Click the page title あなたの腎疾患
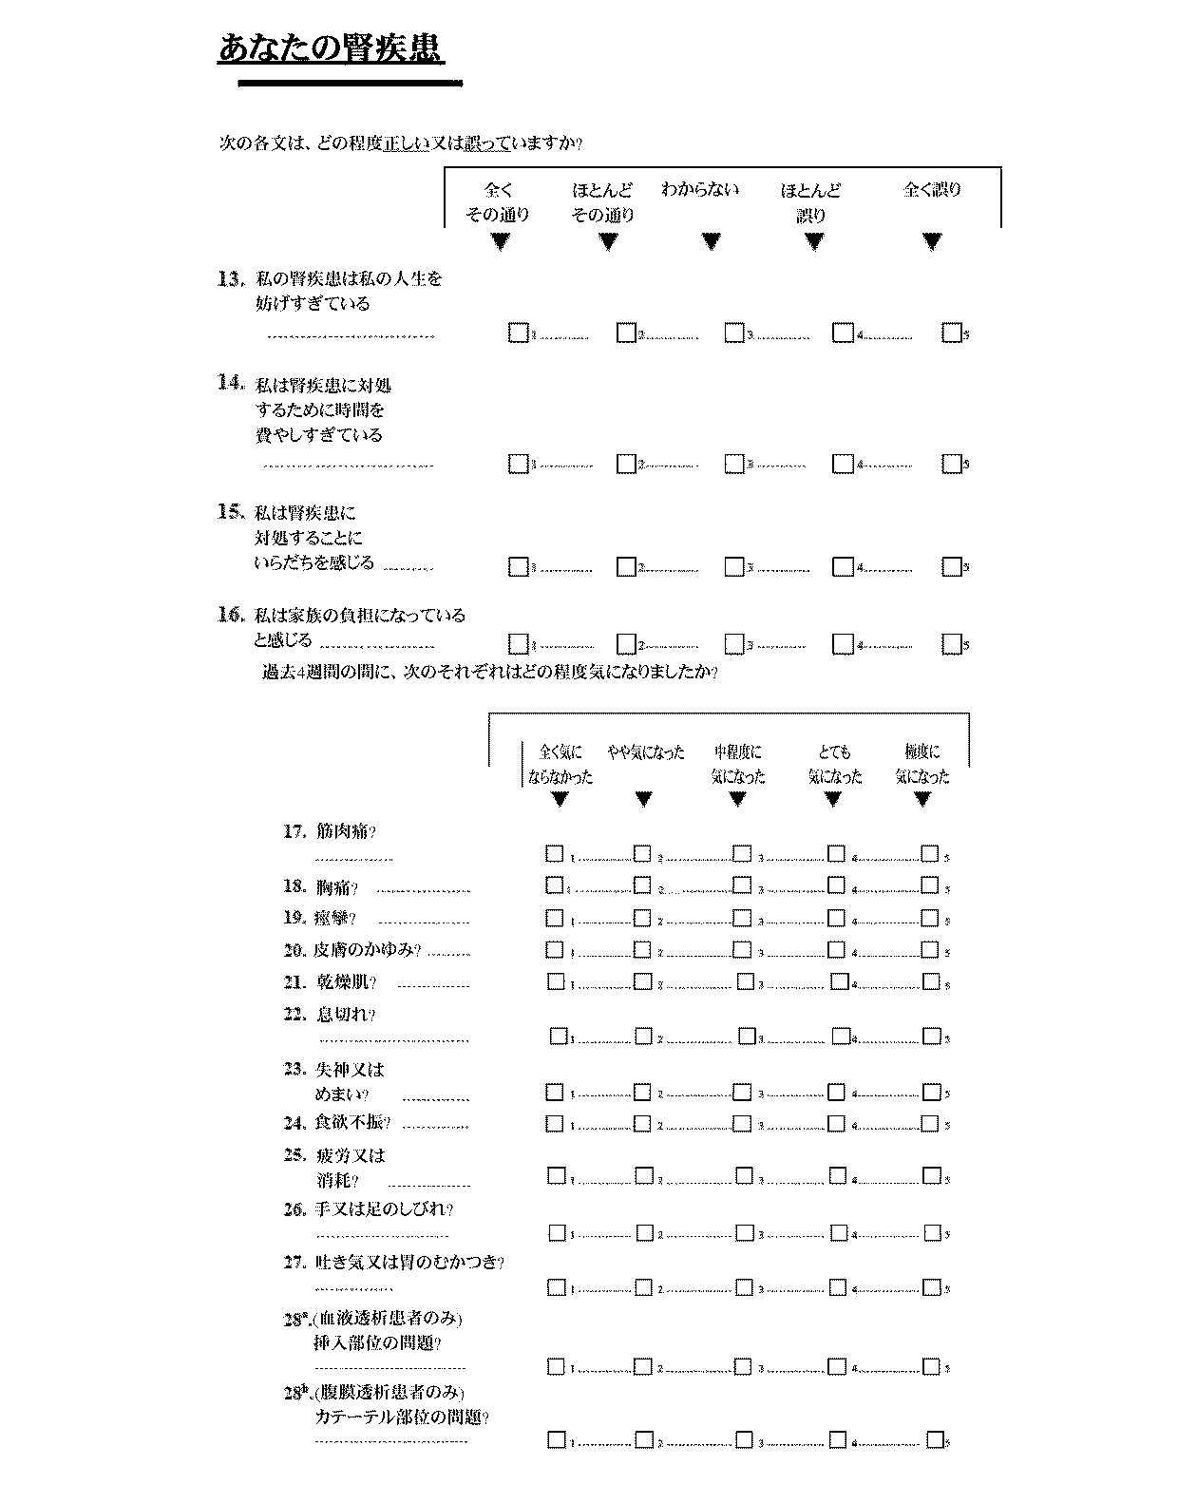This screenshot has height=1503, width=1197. [x=331, y=48]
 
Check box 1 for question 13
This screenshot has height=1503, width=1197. [x=518, y=333]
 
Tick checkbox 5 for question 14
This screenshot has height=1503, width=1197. [x=951, y=464]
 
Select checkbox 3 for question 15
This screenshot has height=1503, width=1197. [x=733, y=566]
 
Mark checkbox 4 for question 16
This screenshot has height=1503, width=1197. [x=842, y=644]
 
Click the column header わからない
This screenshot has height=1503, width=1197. [x=700, y=189]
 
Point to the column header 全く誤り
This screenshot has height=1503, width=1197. [x=932, y=189]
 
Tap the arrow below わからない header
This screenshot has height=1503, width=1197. [x=711, y=241]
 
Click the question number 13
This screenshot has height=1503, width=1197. [x=229, y=278]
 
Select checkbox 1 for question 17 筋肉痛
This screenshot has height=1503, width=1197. [x=555, y=853]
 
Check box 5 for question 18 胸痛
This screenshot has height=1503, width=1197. [x=930, y=885]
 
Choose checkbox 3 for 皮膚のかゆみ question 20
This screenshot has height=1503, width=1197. [x=742, y=949]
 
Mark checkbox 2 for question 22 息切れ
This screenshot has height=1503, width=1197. [x=644, y=1036]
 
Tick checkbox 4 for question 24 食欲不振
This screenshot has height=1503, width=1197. [x=836, y=1123]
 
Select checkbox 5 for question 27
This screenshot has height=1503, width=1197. [x=932, y=1287]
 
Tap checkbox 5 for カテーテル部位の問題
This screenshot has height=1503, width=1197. [x=936, y=1439]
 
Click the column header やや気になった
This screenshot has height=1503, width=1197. [x=645, y=752]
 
